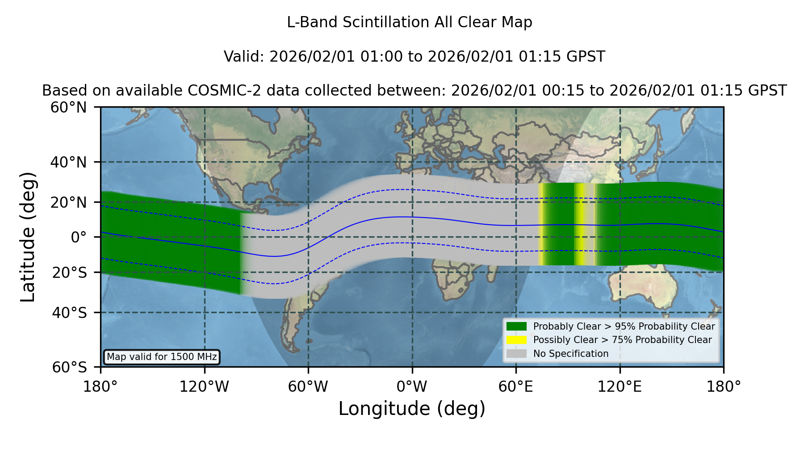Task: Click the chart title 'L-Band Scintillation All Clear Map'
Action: coord(410,22)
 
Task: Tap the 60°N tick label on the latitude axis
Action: coord(69,108)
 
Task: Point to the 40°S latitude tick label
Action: coord(69,313)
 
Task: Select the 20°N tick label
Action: coord(69,202)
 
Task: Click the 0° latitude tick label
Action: coord(79,237)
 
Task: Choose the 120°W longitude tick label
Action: coord(204,386)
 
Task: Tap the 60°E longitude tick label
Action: coord(516,386)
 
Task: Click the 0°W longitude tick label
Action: coord(412,386)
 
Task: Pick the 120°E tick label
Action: coord(620,386)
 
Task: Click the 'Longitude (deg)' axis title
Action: coord(412,409)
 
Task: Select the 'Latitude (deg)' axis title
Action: coord(28,237)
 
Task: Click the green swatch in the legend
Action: coord(517,326)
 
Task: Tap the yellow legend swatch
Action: coord(517,340)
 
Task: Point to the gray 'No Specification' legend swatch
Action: coord(517,354)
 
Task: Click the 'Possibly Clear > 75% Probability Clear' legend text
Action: coord(623,340)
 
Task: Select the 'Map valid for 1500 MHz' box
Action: coord(162,357)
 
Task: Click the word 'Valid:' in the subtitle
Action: coord(244,57)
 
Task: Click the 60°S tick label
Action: coord(69,368)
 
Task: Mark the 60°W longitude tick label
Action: coord(308,386)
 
